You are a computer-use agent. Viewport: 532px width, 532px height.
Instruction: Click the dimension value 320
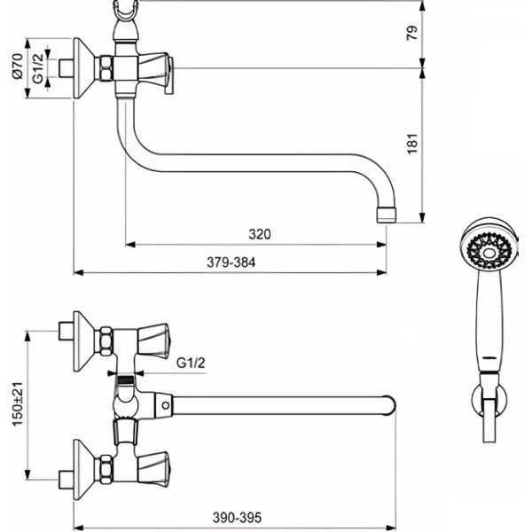point(259,234)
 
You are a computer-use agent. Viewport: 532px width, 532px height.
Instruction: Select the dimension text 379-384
point(230,262)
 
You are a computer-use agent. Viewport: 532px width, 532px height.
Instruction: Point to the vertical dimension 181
point(411,145)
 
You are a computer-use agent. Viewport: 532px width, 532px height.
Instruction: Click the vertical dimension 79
point(411,35)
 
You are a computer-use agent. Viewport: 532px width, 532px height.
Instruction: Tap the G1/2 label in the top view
point(191,362)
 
